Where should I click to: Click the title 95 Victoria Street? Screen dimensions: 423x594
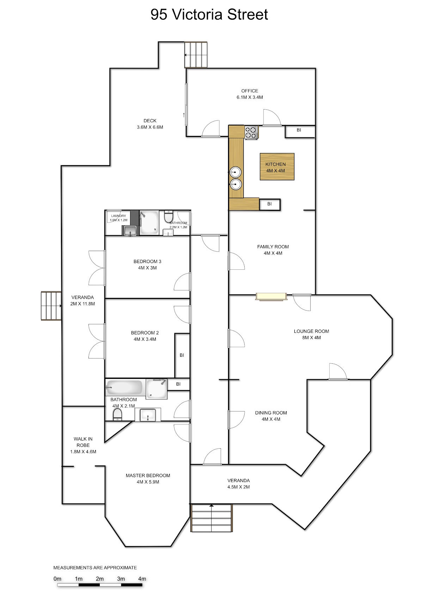click(x=209, y=14)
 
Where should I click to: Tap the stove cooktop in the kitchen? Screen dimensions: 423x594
click(x=251, y=132)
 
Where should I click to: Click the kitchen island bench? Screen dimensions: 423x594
click(x=277, y=167)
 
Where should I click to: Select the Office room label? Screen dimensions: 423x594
click(x=250, y=94)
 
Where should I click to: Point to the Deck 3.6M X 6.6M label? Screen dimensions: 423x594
click(x=150, y=124)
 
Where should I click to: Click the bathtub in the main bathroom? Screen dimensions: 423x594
click(x=124, y=388)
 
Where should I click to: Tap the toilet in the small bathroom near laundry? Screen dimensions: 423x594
click(x=168, y=217)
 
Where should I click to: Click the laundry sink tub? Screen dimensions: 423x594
click(x=130, y=230)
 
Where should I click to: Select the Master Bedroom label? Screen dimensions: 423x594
click(x=148, y=479)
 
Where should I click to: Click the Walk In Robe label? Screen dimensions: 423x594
click(x=83, y=445)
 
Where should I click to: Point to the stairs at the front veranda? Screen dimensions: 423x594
click(x=211, y=518)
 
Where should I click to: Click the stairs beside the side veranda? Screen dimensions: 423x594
click(x=51, y=306)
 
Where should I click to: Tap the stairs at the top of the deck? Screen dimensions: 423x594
click(x=196, y=55)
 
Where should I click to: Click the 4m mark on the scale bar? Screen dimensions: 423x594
click(x=142, y=579)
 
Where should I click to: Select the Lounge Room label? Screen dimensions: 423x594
click(x=311, y=334)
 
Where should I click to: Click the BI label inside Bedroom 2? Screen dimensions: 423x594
click(x=182, y=355)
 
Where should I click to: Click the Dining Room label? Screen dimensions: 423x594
click(x=271, y=416)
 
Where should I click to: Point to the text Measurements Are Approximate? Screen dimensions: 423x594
click(x=95, y=568)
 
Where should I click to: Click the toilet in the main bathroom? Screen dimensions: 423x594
click(x=117, y=414)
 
